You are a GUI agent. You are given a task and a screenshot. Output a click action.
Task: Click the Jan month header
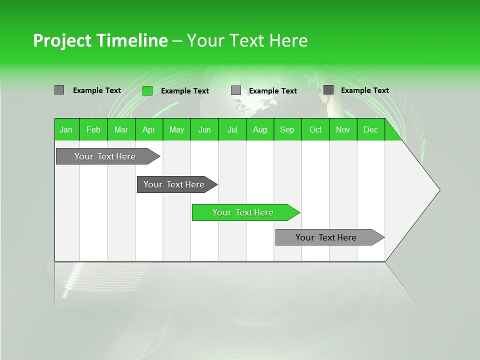pos(66,129)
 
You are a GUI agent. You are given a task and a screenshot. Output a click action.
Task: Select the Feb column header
pos(93,129)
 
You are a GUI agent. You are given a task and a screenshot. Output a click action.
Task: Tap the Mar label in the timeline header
pos(121,129)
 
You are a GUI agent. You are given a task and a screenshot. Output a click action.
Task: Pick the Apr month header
pos(148,129)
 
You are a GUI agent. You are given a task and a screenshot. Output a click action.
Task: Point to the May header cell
pos(176,129)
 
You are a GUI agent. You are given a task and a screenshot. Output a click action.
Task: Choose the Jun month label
pos(204,129)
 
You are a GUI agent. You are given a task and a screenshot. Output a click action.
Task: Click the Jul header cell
pos(232,129)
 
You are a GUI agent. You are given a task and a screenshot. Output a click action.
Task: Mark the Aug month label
pos(259,129)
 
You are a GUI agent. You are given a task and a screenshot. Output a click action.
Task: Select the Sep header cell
pos(287,129)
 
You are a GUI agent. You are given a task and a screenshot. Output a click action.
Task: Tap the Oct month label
pos(315,129)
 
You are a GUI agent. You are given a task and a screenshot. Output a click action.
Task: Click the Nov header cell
pos(343,129)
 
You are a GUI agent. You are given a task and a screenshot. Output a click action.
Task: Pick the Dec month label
pos(370,129)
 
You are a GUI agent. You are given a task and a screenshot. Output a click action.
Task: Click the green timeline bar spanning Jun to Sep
pos(243,212)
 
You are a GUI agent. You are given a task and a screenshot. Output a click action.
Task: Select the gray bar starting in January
pos(105,156)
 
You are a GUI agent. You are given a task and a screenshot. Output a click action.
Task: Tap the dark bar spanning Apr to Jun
pos(174,184)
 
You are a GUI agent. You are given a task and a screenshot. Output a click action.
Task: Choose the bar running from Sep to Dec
pos(326,237)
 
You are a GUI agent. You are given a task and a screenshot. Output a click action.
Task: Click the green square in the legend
pos(147,90)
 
